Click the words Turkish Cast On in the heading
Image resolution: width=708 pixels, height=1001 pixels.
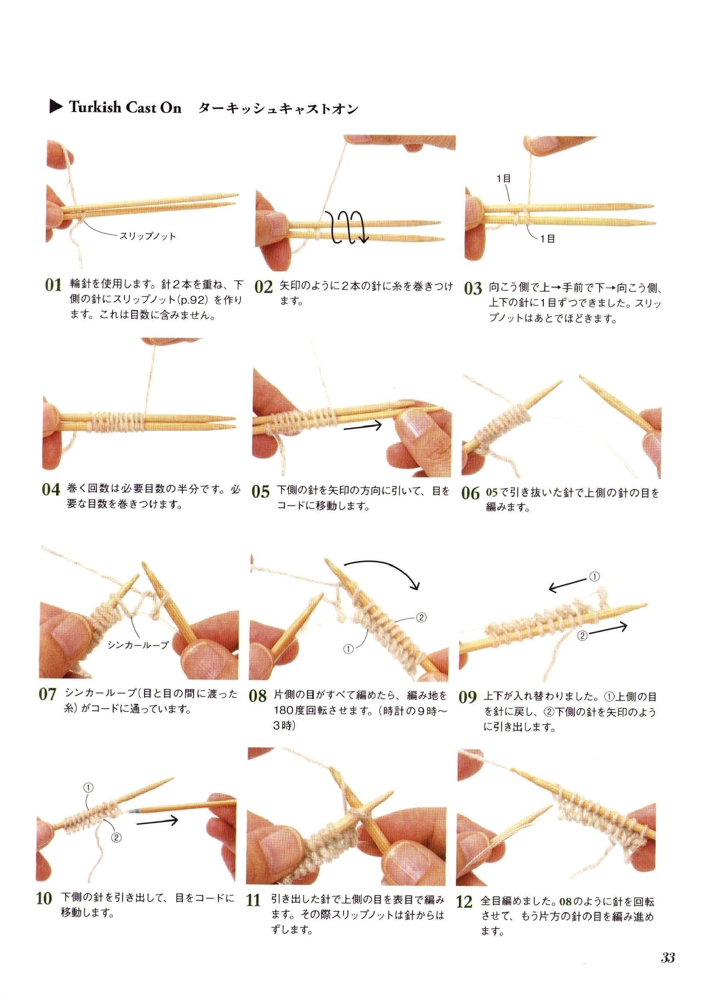[x=125, y=108]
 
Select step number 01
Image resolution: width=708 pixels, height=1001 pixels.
[x=54, y=285]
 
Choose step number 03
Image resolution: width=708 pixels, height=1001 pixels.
[x=473, y=288]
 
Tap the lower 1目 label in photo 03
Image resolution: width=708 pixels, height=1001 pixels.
[x=547, y=239]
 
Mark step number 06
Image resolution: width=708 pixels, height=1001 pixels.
[x=470, y=493]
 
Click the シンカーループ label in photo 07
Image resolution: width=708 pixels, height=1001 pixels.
[x=138, y=645]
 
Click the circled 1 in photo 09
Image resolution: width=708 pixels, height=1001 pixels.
[x=595, y=576]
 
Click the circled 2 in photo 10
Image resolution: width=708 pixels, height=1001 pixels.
[x=116, y=838]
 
